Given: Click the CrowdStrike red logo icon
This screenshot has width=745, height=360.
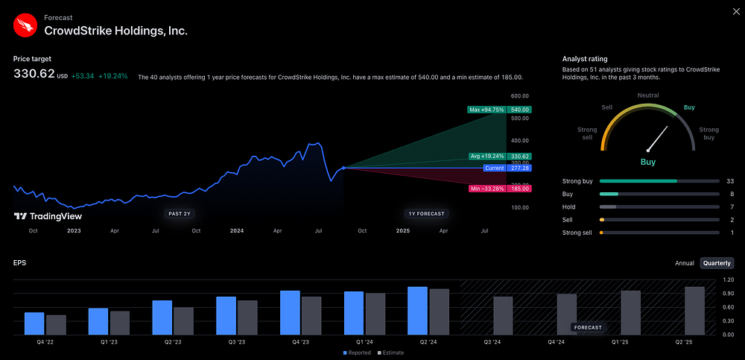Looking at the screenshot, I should click(x=25, y=26).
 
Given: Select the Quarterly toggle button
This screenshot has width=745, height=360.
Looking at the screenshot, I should click(x=717, y=263).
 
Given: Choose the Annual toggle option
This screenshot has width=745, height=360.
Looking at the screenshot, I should click(x=684, y=263).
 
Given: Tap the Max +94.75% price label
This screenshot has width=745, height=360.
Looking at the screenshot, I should click(x=487, y=110).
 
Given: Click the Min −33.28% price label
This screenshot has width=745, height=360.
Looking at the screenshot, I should click(x=487, y=189).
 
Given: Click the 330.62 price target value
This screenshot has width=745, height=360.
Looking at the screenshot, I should click(x=34, y=74).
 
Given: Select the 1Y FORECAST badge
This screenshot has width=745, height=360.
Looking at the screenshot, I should click(x=427, y=214).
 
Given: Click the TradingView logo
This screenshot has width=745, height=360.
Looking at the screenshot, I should click(x=48, y=216).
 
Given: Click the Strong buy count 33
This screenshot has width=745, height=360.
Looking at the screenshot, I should click(x=730, y=181).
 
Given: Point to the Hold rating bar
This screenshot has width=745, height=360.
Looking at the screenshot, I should click(x=656, y=206).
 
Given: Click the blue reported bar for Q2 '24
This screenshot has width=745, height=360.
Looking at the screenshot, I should click(x=417, y=310).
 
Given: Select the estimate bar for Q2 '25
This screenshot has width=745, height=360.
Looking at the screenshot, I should click(x=694, y=310).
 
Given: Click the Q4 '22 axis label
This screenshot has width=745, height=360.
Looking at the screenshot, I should click(x=45, y=342).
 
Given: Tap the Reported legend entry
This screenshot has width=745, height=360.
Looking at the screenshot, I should click(x=358, y=353).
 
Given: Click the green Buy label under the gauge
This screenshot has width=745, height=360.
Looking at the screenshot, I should click(x=648, y=161).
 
